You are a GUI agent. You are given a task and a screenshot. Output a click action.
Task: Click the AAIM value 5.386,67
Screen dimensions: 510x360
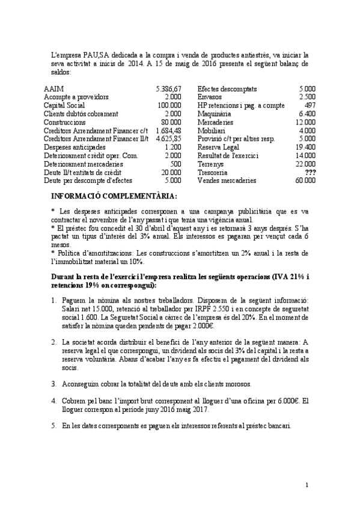click(168, 88)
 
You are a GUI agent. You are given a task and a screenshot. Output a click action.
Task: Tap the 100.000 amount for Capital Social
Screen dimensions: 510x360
click(169, 105)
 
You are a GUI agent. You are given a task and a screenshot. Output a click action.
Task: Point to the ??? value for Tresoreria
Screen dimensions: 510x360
click(310, 172)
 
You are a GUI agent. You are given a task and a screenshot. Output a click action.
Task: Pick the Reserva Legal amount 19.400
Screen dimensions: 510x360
click(306, 147)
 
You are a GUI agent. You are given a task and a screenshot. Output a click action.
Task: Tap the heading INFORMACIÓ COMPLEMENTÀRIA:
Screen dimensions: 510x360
click(114, 197)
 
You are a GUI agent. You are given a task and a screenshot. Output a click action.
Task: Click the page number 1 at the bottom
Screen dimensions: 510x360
click(307, 485)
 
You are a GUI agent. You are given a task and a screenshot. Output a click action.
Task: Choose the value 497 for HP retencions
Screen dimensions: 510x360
click(310, 105)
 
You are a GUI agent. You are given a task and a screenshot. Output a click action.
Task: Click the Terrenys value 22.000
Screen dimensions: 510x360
click(306, 164)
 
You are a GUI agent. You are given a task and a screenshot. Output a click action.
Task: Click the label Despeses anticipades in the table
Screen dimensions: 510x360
click(75, 147)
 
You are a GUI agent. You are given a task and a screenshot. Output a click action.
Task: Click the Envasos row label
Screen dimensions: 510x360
click(210, 96)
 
